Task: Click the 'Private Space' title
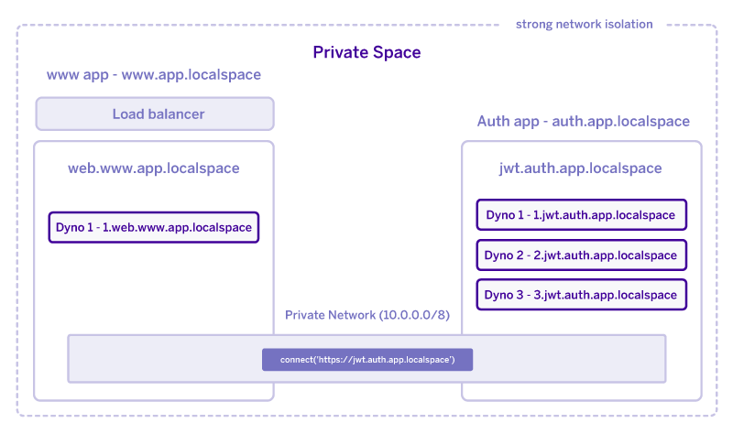pyautogui.click(x=366, y=52)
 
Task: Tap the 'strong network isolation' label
pyautogui.click(x=585, y=24)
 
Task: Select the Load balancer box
pyautogui.click(x=155, y=114)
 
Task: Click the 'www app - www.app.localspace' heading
pyautogui.click(x=154, y=75)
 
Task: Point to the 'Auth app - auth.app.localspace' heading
pyautogui.click(x=583, y=122)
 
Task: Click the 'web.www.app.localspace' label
pyautogui.click(x=154, y=168)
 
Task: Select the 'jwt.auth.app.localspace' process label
pyautogui.click(x=581, y=168)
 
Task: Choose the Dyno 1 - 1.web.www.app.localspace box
pyautogui.click(x=154, y=227)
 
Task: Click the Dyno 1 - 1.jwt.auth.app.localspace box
pyautogui.click(x=581, y=215)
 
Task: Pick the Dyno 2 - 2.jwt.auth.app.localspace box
pyautogui.click(x=581, y=255)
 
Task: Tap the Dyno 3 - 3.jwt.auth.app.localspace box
pyautogui.click(x=581, y=295)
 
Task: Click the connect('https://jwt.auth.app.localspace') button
pyautogui.click(x=367, y=360)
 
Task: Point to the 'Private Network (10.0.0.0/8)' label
pyautogui.click(x=366, y=315)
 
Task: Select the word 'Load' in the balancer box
pyautogui.click(x=128, y=114)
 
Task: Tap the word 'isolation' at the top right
pyautogui.click(x=627, y=24)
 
